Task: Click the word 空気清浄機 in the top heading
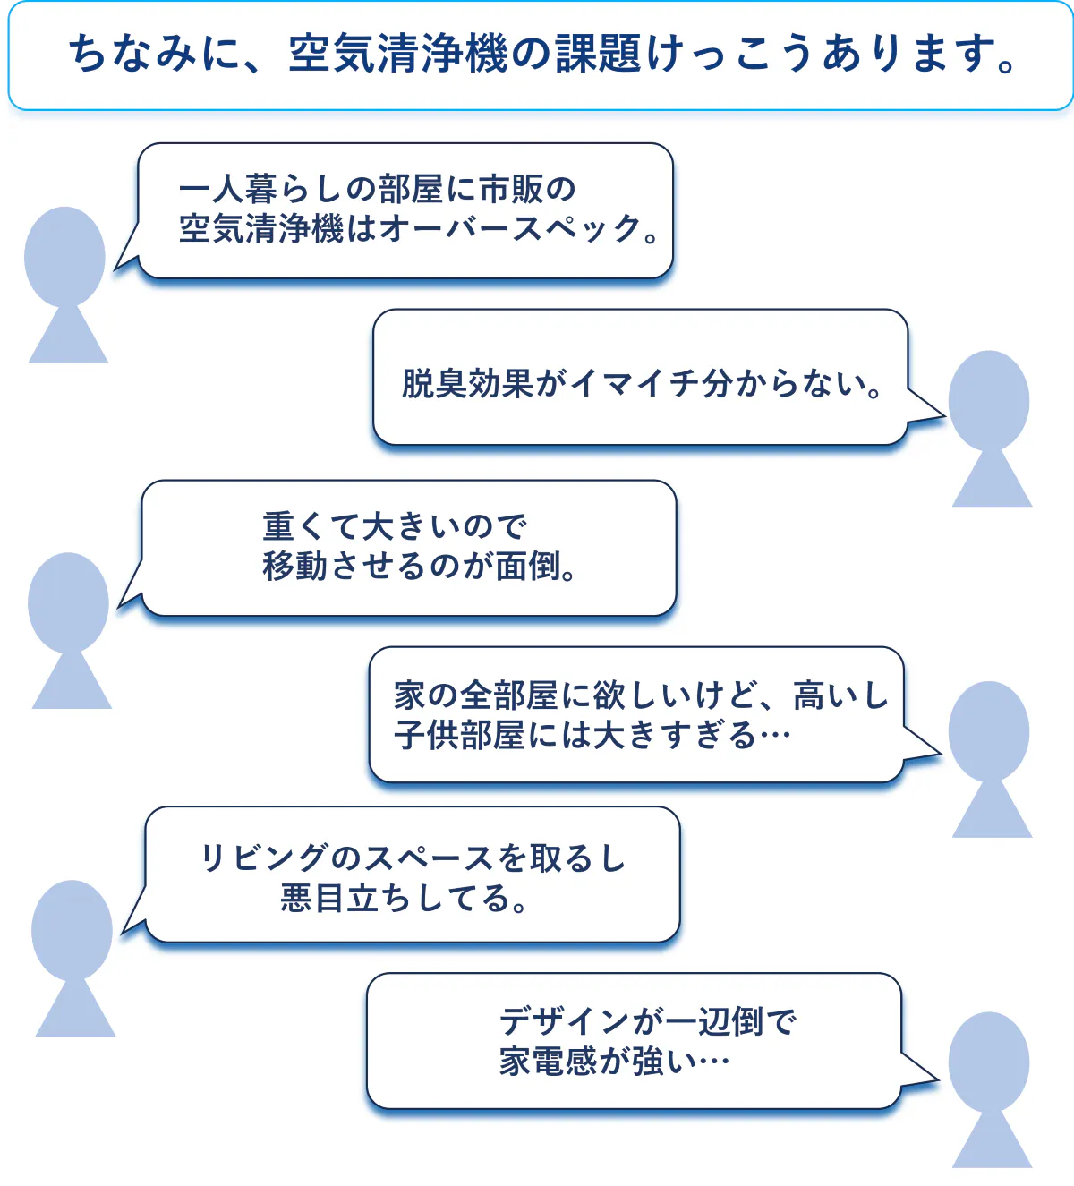click(398, 54)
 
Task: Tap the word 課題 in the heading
click(599, 54)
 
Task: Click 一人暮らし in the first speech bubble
click(260, 189)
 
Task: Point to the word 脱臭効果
click(468, 383)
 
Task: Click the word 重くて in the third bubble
click(311, 526)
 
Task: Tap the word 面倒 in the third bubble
click(528, 566)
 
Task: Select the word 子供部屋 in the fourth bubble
click(459, 736)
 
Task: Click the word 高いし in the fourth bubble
click(840, 695)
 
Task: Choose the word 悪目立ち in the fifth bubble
click(346, 898)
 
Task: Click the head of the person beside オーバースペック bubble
click(64, 257)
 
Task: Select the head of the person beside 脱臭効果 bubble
click(989, 400)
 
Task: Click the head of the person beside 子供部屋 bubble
click(989, 731)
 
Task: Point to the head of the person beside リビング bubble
click(72, 930)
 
